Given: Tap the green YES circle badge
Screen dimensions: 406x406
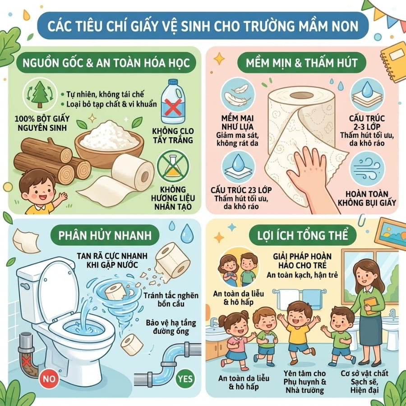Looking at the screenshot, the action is tap(185, 379).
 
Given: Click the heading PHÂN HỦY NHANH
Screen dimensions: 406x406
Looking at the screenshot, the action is tap(105, 235).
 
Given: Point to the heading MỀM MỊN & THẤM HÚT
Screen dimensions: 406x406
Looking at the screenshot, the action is tap(302, 63).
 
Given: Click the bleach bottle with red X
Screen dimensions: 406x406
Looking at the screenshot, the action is tap(173, 101).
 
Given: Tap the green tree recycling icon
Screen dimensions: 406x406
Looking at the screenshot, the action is tap(40, 94).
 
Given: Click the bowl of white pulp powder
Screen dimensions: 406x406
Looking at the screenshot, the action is tap(109, 144).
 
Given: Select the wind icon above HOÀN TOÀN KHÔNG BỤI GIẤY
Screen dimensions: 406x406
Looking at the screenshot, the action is tap(367, 169).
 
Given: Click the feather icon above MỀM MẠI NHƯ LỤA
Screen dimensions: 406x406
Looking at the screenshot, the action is tap(238, 95).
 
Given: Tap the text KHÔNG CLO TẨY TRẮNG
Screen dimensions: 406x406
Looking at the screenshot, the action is tap(173, 135).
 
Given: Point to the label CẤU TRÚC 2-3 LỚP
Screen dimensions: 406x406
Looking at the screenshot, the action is tap(367, 122).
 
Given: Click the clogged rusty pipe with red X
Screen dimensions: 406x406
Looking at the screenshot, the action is tap(27, 355).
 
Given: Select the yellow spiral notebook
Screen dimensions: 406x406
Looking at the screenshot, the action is tap(393, 62).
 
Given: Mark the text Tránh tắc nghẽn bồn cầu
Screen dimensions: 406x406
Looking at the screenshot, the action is tap(171, 300).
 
